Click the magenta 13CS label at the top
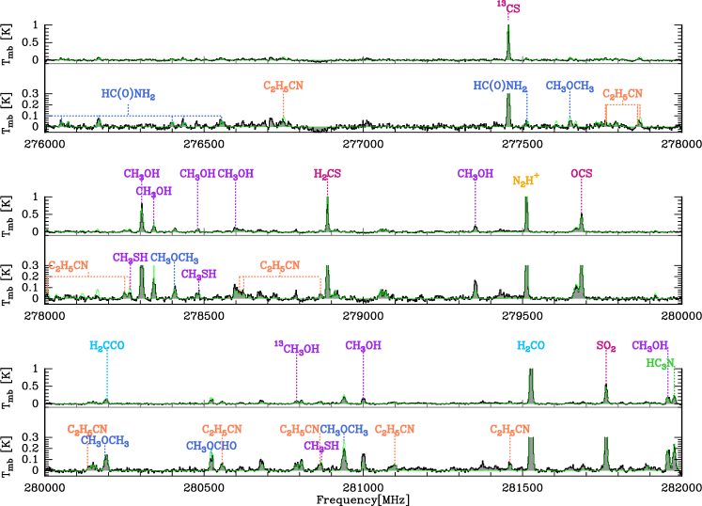[x=507, y=8]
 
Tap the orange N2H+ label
[x=525, y=181]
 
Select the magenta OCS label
[x=581, y=174]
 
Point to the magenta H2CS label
[x=327, y=174]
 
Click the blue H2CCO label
[x=106, y=346]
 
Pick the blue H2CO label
[x=531, y=346]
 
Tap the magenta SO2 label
[x=606, y=346]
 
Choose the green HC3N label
[x=660, y=363]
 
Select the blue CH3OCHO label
[x=211, y=446]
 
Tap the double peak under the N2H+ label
[x=526, y=214]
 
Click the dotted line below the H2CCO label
[x=106, y=376]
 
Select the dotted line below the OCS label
[x=581, y=198]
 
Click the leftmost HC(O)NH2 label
[x=128, y=94]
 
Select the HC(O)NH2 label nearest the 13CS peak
[x=499, y=87]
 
